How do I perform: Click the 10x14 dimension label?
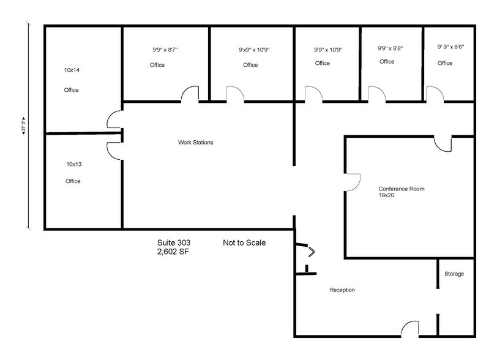point(72,70)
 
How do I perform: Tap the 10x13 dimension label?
point(73,164)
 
